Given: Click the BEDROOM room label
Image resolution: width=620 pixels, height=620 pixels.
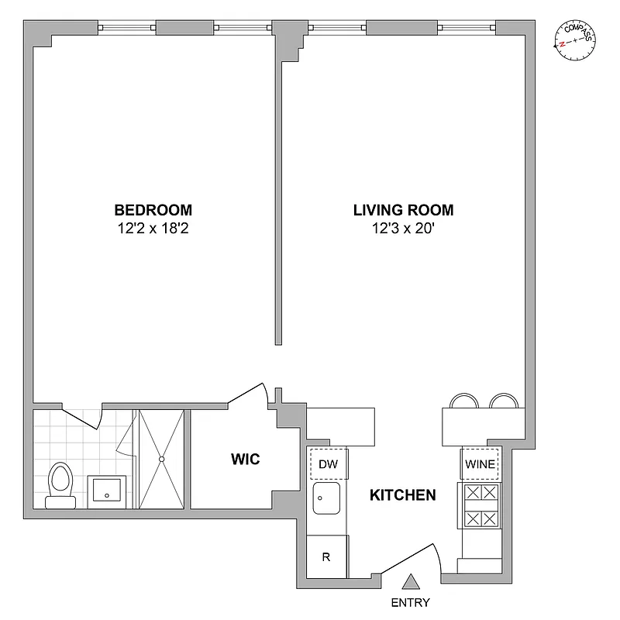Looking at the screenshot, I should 153,209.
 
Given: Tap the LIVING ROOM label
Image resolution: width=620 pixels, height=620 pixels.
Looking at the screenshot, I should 403,209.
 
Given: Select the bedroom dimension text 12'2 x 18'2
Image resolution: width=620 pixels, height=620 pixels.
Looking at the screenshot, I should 153,229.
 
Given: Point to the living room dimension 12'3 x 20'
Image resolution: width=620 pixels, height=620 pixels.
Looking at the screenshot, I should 403,229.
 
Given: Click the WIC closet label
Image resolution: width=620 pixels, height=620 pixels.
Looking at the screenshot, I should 245,460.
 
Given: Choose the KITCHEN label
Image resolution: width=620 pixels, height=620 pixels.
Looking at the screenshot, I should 401,494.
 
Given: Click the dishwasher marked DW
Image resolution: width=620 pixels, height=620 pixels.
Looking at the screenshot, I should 329,464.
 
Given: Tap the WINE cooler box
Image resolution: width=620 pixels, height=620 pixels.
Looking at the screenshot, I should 480,464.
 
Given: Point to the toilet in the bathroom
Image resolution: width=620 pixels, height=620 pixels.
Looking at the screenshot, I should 59,484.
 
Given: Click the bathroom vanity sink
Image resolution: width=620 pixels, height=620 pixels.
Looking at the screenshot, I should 106,490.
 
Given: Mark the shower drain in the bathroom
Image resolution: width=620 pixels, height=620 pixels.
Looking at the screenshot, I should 161,460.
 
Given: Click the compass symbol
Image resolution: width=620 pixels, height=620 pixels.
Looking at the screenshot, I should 576,42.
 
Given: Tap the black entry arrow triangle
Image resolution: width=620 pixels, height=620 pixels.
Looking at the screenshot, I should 411,582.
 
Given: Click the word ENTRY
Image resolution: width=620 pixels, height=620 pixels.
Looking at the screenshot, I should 410,602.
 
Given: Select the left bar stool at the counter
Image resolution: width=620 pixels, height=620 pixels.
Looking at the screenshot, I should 464,401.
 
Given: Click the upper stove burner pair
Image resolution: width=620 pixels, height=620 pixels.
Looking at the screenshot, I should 480,493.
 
